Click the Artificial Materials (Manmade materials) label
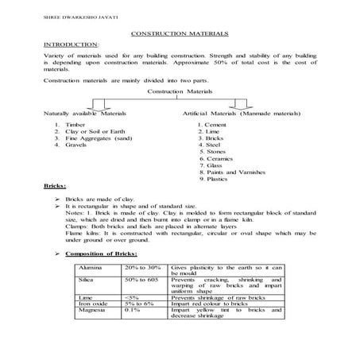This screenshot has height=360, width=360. pyautogui.click(x=238, y=115)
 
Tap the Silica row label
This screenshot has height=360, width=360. pyautogui.click(x=87, y=281)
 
